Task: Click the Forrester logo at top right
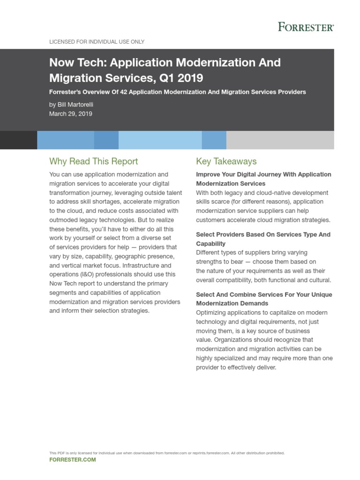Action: click(306, 27)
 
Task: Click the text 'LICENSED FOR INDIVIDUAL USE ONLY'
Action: click(97, 42)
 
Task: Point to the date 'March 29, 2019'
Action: click(70, 113)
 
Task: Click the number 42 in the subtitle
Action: click(124, 92)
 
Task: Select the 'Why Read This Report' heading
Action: click(93, 161)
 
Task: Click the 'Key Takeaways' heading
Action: click(226, 161)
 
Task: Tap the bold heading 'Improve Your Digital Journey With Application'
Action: click(263, 174)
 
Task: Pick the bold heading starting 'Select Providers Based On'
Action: click(263, 234)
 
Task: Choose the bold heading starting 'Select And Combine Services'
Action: click(263, 294)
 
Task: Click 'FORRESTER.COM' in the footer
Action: click(72, 460)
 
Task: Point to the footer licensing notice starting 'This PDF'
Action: click(166, 453)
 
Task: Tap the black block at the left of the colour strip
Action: click(18, 140)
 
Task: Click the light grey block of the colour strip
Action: click(280, 140)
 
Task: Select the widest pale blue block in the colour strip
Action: click(160, 140)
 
